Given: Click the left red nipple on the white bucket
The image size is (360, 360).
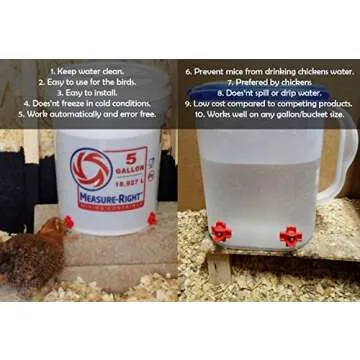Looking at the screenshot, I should click(68, 221).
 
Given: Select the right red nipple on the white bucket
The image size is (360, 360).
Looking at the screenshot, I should click(152, 218).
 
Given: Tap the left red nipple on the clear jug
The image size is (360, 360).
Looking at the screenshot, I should click(220, 231).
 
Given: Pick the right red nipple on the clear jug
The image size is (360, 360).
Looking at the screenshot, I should click(289, 236).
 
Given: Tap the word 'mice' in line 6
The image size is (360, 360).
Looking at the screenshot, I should click(239, 72).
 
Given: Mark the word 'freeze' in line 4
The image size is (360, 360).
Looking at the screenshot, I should click(77, 103).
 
